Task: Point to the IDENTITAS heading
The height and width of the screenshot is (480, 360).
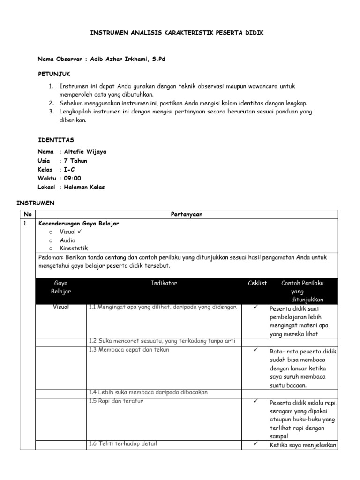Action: [55, 140]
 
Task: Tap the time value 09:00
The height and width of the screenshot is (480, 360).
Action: [72, 178]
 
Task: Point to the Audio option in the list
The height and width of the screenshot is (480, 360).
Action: [67, 240]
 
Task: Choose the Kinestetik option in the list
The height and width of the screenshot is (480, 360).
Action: [74, 248]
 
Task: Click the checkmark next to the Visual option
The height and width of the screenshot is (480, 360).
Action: [81, 232]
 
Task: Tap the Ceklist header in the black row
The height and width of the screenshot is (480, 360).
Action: [257, 283]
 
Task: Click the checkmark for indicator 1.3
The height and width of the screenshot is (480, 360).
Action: [255, 350]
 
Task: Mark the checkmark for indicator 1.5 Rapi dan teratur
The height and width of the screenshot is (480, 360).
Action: [255, 401]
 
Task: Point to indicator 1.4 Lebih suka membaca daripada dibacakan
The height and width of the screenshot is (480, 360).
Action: [148, 392]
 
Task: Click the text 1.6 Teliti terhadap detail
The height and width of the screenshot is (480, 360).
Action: [123, 443]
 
